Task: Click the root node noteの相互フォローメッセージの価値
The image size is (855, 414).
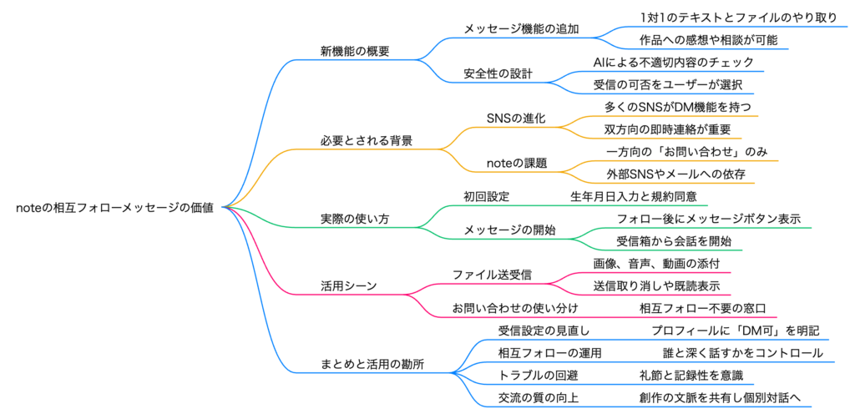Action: point(114,209)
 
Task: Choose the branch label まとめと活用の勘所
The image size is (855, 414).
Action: point(377,364)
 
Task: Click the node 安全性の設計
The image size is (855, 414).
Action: point(498,73)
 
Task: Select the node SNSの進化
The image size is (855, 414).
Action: point(515,119)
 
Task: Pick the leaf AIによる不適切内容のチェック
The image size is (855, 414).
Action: point(673,63)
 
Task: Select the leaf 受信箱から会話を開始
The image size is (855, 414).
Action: point(674,241)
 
